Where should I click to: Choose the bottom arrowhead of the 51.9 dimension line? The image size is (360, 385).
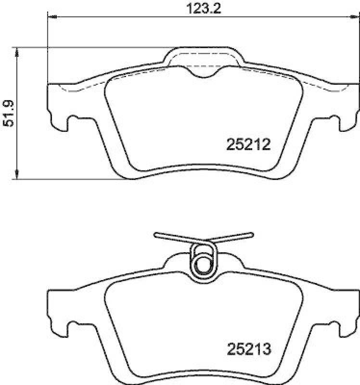(x=17, y=176)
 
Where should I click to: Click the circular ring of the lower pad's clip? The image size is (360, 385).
(x=203, y=265)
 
